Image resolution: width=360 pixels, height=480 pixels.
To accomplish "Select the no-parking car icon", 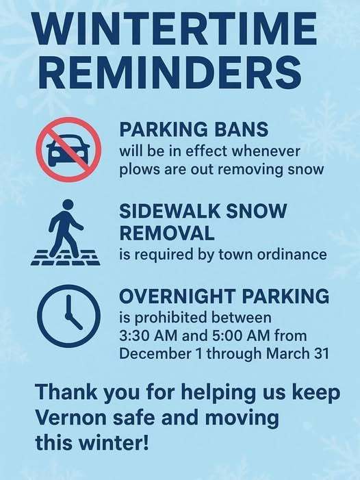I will (x=68, y=150).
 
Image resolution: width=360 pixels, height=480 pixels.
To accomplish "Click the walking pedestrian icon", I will (x=66, y=233).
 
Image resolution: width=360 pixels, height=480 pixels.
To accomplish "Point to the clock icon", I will (x=68, y=316).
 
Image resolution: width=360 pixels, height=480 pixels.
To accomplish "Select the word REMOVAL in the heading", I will (x=166, y=233).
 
